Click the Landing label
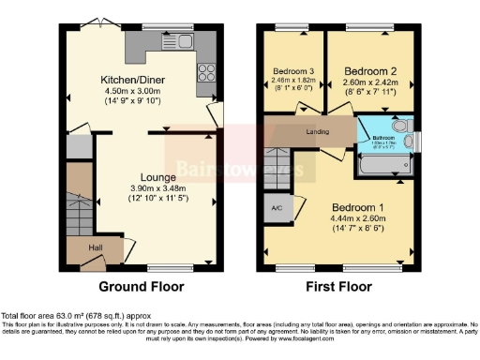coord(320,132)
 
